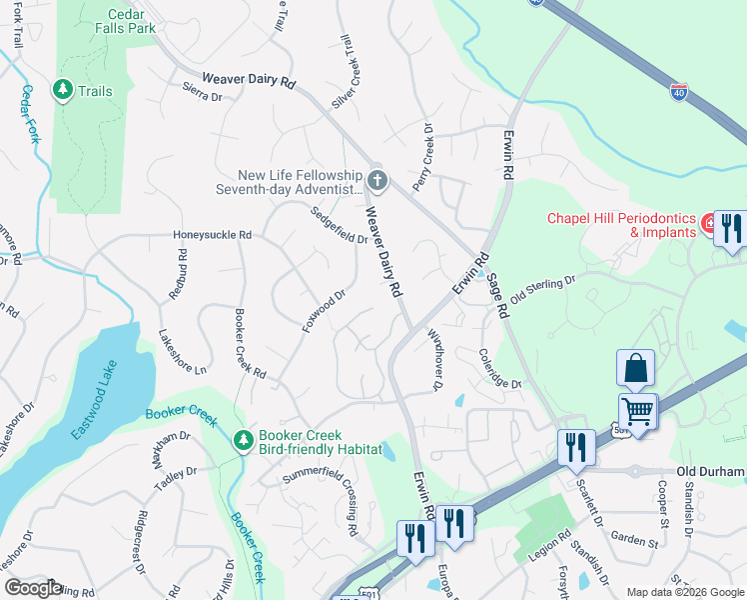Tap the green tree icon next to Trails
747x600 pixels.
tap(63, 91)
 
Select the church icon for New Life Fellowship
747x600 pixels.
tap(376, 181)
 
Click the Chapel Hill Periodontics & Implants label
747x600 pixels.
tap(620, 225)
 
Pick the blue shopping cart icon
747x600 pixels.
tap(636, 409)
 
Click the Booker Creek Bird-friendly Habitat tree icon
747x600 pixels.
tap(243, 441)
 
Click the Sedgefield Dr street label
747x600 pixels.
tap(339, 225)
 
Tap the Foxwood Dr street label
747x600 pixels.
tap(323, 311)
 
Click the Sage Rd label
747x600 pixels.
tap(496, 298)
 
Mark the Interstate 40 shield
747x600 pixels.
tap(680, 89)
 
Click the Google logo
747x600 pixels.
tap(33, 588)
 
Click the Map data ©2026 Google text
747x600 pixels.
tap(685, 592)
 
